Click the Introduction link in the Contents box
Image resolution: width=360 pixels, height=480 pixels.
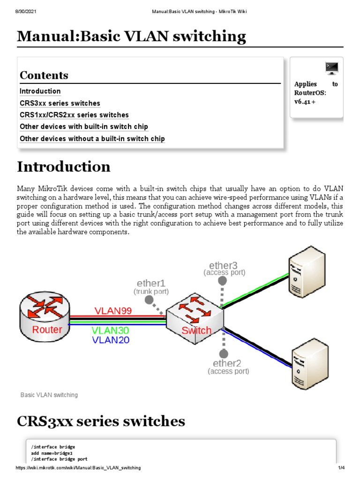(x=40, y=91)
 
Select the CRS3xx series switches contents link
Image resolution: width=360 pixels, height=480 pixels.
(x=60, y=103)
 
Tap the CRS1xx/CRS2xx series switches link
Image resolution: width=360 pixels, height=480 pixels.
(x=74, y=115)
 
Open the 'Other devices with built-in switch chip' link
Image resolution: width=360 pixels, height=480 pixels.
(x=84, y=127)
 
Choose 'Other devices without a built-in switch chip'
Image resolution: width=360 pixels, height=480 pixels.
(x=92, y=139)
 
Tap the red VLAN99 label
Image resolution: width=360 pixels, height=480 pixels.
(x=113, y=310)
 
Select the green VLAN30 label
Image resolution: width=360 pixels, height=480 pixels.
(x=110, y=330)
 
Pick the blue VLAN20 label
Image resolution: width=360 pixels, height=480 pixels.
(x=111, y=340)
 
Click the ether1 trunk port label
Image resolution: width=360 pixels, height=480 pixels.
(x=151, y=284)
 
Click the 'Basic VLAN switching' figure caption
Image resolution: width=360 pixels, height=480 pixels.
(x=49, y=395)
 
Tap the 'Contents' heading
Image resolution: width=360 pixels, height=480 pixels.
(x=44, y=75)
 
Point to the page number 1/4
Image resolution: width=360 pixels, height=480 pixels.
(x=341, y=468)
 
